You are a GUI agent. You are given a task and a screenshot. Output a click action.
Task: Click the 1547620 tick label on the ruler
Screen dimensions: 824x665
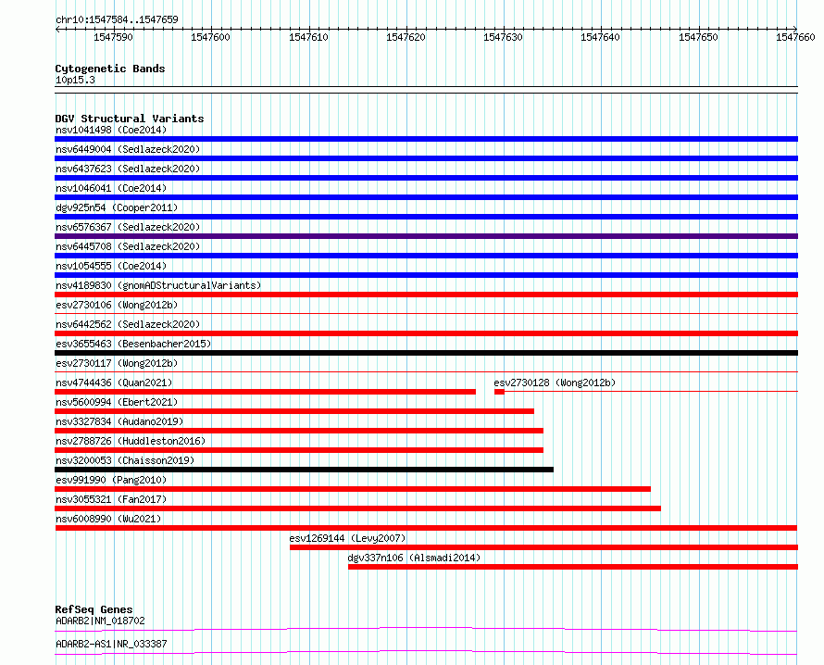point(406,37)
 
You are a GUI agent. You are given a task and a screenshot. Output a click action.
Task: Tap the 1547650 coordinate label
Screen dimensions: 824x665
point(698,37)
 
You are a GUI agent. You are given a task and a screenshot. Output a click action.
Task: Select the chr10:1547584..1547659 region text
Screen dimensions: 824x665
point(118,19)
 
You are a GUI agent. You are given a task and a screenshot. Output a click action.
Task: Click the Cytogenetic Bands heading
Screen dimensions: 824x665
point(110,69)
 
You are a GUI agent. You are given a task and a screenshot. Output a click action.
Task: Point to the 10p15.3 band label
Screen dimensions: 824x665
point(75,80)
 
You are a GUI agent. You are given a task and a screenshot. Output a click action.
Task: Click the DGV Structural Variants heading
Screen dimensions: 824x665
point(130,119)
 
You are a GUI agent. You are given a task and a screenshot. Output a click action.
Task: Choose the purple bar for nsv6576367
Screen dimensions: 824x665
point(426,236)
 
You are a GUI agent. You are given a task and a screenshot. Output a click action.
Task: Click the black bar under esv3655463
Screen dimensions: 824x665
point(426,353)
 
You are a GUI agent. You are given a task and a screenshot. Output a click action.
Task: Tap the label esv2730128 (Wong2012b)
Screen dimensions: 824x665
point(555,383)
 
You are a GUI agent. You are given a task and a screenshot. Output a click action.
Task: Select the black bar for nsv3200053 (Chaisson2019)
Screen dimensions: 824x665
point(304,470)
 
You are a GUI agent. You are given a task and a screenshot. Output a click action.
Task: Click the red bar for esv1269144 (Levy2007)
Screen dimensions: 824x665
point(543,547)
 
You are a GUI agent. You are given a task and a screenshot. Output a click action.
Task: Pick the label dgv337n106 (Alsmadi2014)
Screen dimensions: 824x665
point(414,558)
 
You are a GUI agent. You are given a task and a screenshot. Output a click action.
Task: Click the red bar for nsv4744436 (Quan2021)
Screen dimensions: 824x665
point(265,392)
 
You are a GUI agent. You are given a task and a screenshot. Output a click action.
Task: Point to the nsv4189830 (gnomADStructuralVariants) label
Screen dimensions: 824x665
point(158,285)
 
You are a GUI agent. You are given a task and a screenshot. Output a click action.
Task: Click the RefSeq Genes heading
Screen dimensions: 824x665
point(94,609)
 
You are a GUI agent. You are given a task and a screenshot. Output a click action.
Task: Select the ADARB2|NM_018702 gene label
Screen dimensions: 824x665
point(100,621)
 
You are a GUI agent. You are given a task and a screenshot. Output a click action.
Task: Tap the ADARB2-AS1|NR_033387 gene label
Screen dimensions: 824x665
point(111,644)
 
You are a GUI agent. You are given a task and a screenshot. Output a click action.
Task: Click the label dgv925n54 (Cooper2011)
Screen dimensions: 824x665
point(117,207)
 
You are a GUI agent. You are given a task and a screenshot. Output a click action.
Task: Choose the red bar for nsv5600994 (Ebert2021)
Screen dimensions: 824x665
point(294,411)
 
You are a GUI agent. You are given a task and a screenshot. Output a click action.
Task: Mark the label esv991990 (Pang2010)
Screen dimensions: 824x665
point(111,480)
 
